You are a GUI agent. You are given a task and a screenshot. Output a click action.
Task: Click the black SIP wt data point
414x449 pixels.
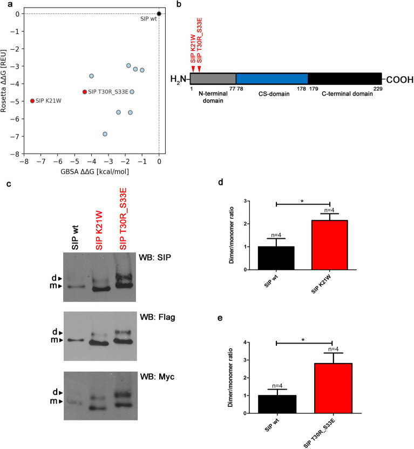(x=159, y=14)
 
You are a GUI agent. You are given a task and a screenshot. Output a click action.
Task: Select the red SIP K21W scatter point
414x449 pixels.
(x=32, y=100)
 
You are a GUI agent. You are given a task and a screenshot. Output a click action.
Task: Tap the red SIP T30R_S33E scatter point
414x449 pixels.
(x=84, y=92)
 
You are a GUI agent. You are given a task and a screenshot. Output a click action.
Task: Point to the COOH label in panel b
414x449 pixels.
(x=398, y=80)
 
